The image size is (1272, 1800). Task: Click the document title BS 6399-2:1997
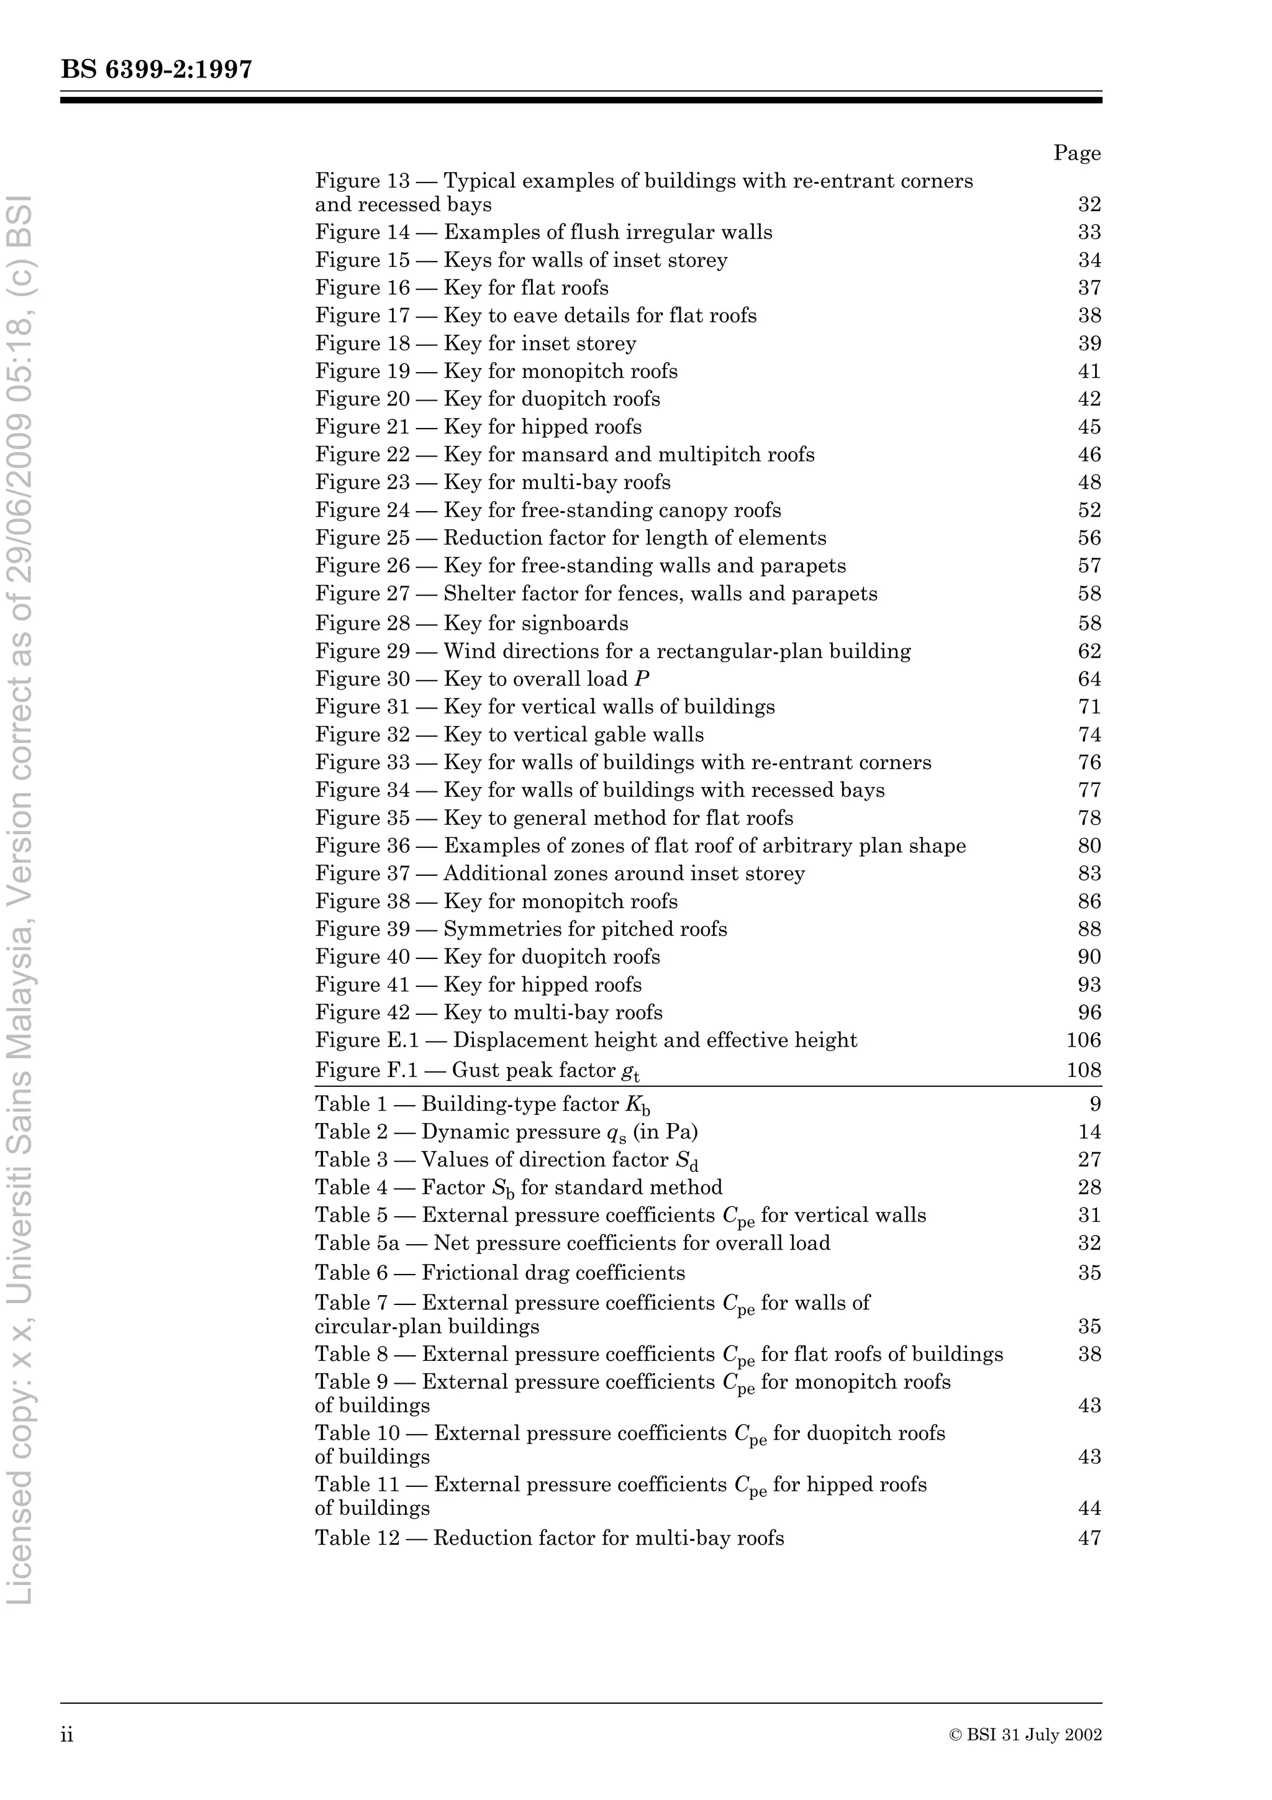pyautogui.click(x=157, y=70)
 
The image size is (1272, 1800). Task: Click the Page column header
pyautogui.click(x=1077, y=153)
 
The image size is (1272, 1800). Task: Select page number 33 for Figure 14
pyautogui.click(x=1089, y=232)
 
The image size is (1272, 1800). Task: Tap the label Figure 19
pyautogui.click(x=362, y=371)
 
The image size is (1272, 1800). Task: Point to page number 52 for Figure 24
pyautogui.click(x=1089, y=511)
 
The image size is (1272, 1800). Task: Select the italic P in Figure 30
pyautogui.click(x=642, y=679)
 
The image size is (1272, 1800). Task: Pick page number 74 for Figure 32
pyautogui.click(x=1089, y=735)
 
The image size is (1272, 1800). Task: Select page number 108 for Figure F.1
pyautogui.click(x=1084, y=1070)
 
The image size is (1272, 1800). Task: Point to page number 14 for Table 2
pyautogui.click(x=1089, y=1132)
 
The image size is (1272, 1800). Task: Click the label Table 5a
pyautogui.click(x=357, y=1243)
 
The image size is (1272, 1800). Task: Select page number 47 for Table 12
pyautogui.click(x=1089, y=1538)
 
